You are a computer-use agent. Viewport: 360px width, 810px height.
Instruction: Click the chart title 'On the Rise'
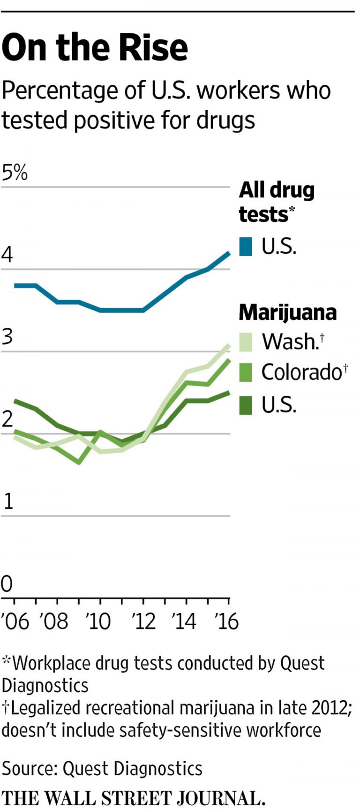click(x=95, y=47)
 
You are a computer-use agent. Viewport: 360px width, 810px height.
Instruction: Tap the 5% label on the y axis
click(x=15, y=173)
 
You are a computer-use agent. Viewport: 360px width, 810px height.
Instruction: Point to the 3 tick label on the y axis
click(x=7, y=337)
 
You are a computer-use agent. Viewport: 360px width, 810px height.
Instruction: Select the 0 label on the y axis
click(x=7, y=584)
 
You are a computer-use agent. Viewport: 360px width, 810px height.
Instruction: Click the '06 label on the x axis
click(x=15, y=621)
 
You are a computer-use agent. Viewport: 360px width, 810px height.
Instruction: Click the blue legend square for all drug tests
click(x=246, y=246)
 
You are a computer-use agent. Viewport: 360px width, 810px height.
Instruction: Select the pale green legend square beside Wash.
click(x=246, y=342)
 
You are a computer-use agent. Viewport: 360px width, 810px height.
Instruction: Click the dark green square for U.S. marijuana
click(x=246, y=405)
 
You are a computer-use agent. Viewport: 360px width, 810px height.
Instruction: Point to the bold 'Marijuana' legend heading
click(x=287, y=312)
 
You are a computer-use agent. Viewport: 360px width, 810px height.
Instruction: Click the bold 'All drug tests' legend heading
click(x=277, y=202)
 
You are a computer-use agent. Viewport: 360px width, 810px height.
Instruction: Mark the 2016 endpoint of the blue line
click(x=229, y=253)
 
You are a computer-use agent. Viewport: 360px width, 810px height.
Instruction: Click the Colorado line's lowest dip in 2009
click(x=79, y=462)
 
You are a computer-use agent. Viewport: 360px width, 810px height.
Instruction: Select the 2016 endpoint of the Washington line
click(x=229, y=345)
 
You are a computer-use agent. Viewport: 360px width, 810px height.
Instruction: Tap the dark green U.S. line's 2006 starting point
click(x=15, y=401)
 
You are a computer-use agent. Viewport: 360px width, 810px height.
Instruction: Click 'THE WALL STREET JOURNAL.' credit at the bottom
click(x=134, y=798)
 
